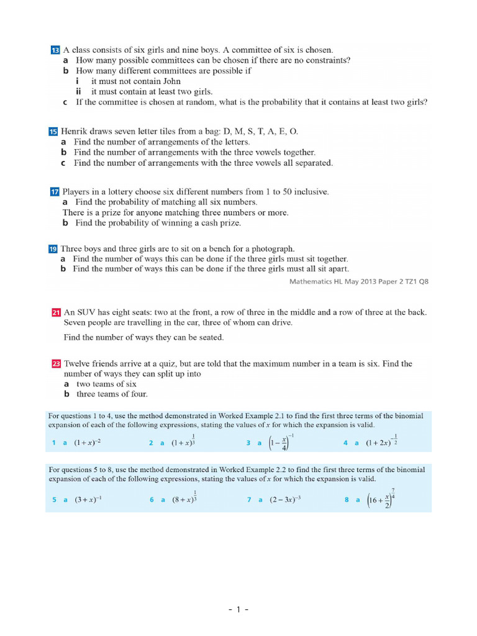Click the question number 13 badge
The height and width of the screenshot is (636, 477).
tap(54, 50)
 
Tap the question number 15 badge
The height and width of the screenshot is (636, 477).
tap(52, 132)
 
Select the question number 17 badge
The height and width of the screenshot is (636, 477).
tap(53, 193)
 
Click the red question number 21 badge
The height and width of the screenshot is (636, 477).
tap(56, 312)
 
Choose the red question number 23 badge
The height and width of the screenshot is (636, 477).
tap(56, 364)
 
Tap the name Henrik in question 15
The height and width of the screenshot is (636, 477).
tap(75, 132)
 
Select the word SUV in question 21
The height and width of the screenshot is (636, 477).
tap(87, 312)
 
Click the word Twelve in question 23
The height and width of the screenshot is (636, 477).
tap(78, 364)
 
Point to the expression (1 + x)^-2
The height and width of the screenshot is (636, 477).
tap(88, 443)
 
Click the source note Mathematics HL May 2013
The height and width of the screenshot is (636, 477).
tap(358, 281)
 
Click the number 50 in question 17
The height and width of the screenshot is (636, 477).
tap(289, 193)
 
